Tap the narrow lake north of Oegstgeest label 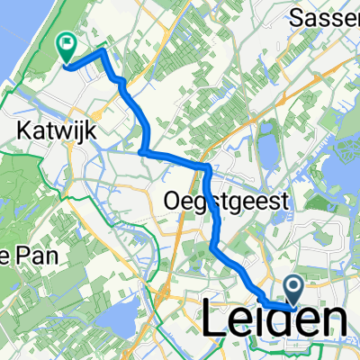[268, 144]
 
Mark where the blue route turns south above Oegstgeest [208, 168]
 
